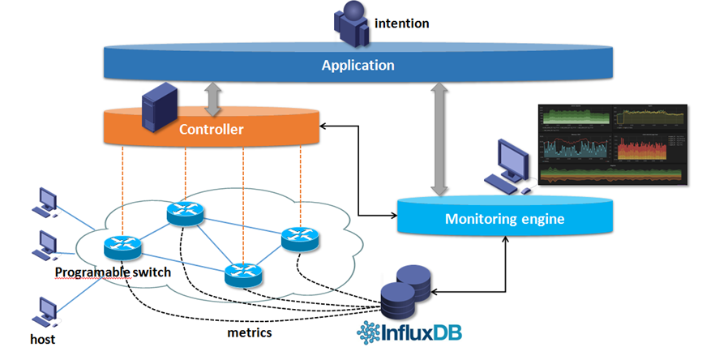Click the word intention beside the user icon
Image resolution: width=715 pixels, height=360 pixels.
tap(402, 24)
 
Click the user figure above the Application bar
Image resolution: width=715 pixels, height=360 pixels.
tap(353, 24)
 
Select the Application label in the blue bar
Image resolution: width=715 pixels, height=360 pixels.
tap(357, 66)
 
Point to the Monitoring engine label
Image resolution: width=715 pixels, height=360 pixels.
tap(504, 219)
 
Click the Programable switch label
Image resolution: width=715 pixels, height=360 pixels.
tap(113, 272)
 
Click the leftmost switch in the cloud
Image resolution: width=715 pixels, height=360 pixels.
tap(122, 246)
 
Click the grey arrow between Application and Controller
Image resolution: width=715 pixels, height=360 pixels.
tap(212, 97)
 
